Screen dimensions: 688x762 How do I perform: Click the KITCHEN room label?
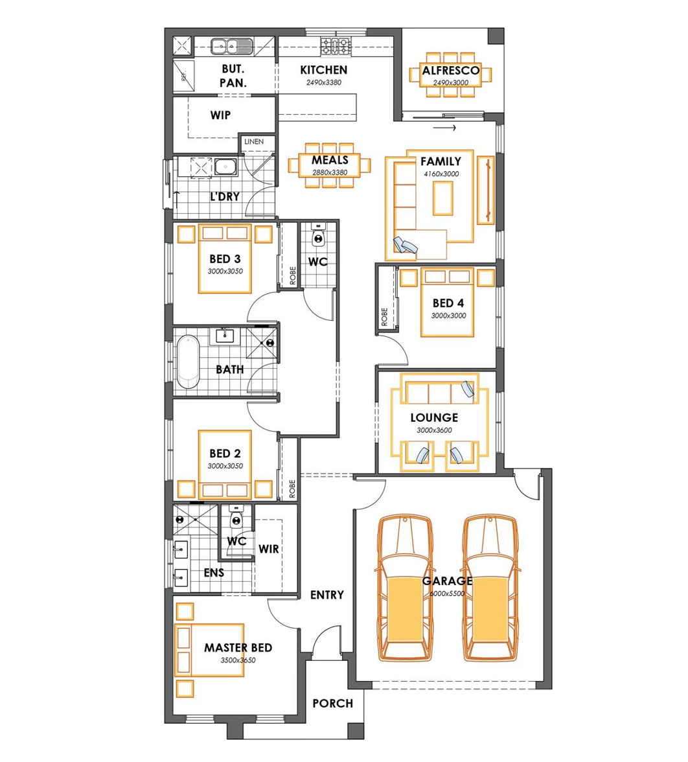tap(324, 70)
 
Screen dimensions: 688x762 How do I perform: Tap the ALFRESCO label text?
tap(451, 71)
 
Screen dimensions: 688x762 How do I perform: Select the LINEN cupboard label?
tap(254, 141)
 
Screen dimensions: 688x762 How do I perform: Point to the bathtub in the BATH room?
tap(188, 362)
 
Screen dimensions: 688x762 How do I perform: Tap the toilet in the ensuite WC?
tap(236, 517)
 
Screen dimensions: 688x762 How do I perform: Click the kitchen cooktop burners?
tap(336, 47)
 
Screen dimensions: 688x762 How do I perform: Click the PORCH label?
tap(333, 703)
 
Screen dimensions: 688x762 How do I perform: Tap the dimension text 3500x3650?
tap(238, 660)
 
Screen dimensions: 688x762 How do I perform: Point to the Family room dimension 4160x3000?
tap(441, 174)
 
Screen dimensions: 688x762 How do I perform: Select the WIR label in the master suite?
tap(269, 549)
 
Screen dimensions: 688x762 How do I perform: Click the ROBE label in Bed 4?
tap(385, 317)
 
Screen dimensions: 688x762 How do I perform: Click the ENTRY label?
tap(327, 595)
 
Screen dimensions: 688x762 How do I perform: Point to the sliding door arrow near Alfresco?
tap(444, 128)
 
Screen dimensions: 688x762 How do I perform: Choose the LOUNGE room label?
tap(434, 418)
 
